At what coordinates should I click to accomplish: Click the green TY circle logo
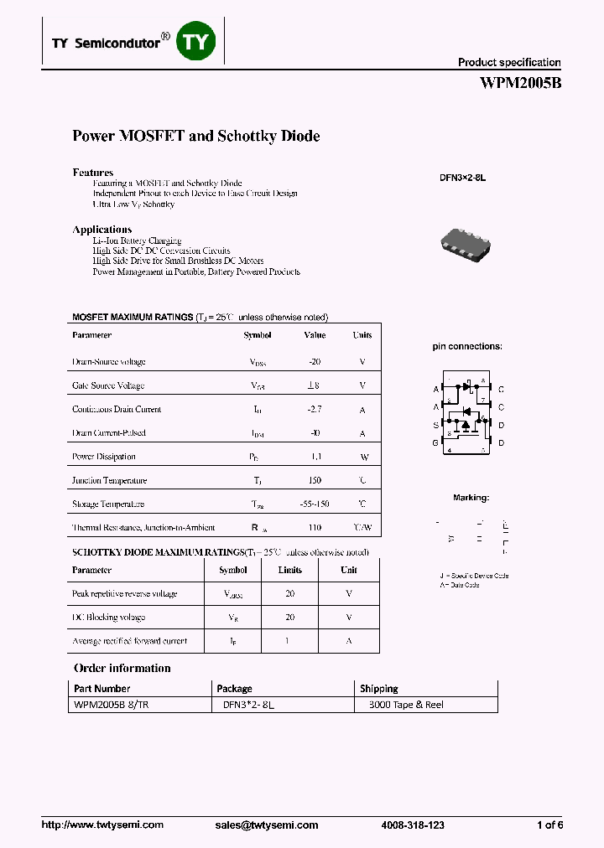click(x=195, y=42)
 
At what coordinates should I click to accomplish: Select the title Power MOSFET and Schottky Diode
click(x=196, y=136)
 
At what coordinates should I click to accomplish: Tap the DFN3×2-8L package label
click(x=463, y=178)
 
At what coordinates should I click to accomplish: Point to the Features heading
click(x=93, y=173)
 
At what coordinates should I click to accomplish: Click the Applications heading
click(x=102, y=230)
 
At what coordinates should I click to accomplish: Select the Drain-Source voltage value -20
click(x=315, y=362)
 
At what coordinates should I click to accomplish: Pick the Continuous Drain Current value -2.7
click(x=315, y=410)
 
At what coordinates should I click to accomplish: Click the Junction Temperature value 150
click(x=315, y=481)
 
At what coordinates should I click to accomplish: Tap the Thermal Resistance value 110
click(x=315, y=528)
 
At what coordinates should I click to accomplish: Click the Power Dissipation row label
click(x=104, y=457)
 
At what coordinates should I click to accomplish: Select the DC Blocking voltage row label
click(x=109, y=618)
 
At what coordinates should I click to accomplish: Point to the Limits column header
click(x=289, y=570)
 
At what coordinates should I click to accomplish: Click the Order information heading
click(x=122, y=668)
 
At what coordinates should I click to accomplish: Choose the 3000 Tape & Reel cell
click(x=406, y=705)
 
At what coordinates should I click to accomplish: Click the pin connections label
click(x=467, y=346)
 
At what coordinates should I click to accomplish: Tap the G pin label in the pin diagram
click(x=435, y=442)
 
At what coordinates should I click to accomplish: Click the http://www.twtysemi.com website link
click(x=102, y=825)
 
